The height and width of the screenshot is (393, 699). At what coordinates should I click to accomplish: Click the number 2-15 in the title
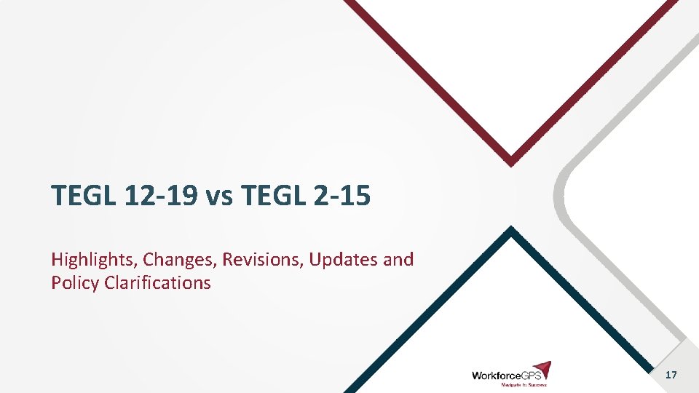coord(339,195)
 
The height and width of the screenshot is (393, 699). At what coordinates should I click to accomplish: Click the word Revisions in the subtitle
coord(263,260)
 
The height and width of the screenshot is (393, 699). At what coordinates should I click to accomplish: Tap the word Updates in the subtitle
coord(340,260)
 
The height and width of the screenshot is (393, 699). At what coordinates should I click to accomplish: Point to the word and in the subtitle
coord(398,260)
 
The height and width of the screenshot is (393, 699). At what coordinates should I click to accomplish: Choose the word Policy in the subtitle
coord(75,282)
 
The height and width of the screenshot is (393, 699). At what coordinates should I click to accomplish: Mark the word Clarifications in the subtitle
coord(157,282)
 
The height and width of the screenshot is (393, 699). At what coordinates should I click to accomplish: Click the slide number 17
coord(671,375)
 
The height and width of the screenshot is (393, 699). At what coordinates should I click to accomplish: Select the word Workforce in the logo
coord(495,376)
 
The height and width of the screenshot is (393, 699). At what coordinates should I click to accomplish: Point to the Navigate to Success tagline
coord(522,385)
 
